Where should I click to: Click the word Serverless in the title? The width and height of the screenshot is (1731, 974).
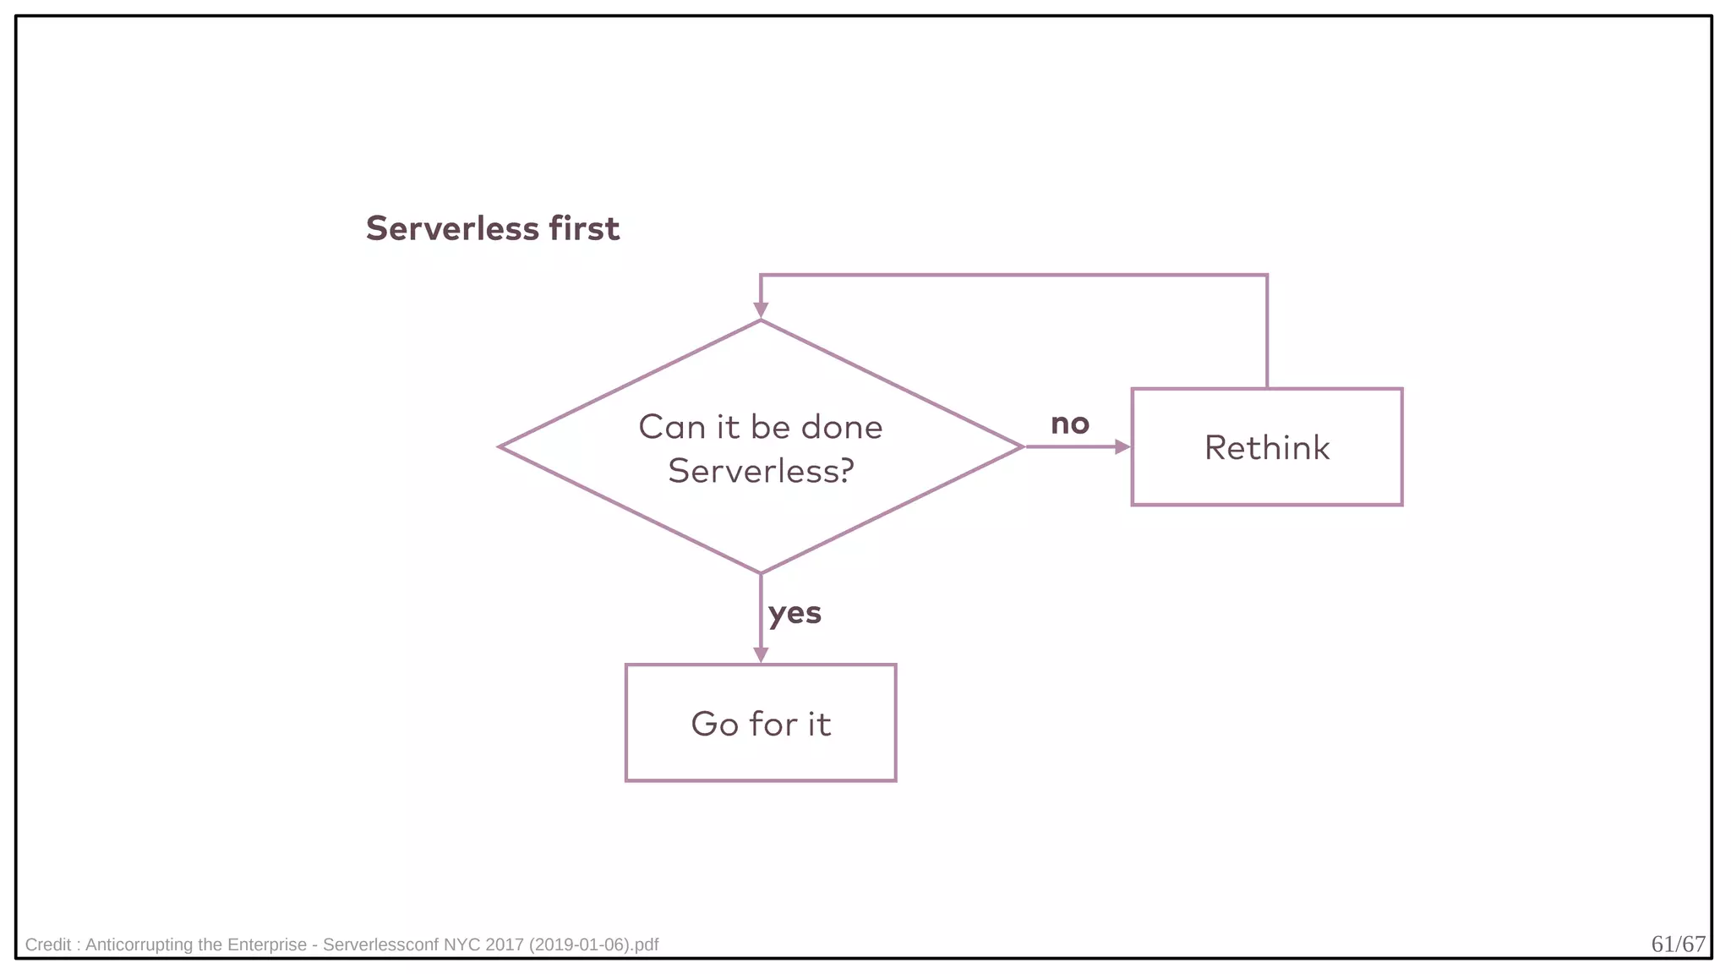point(452,229)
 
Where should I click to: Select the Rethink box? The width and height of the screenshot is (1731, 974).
point(1266,447)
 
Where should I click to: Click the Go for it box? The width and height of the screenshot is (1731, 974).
point(760,723)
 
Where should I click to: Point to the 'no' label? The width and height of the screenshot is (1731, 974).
point(1069,424)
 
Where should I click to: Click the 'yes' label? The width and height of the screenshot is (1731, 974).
point(795,613)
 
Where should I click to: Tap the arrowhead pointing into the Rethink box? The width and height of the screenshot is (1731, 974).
point(1122,446)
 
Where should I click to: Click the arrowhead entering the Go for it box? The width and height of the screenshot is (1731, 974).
point(761,655)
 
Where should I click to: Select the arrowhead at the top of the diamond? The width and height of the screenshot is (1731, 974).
point(761,310)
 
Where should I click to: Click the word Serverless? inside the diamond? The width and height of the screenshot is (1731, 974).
point(761,471)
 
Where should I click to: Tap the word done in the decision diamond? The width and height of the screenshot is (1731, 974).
point(842,427)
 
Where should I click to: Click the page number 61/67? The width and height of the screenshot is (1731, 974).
point(1678,944)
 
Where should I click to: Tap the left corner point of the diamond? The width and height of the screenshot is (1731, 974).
point(500,446)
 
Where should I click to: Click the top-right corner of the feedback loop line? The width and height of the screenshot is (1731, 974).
point(1267,275)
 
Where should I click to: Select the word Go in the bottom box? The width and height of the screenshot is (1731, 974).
point(714,724)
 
